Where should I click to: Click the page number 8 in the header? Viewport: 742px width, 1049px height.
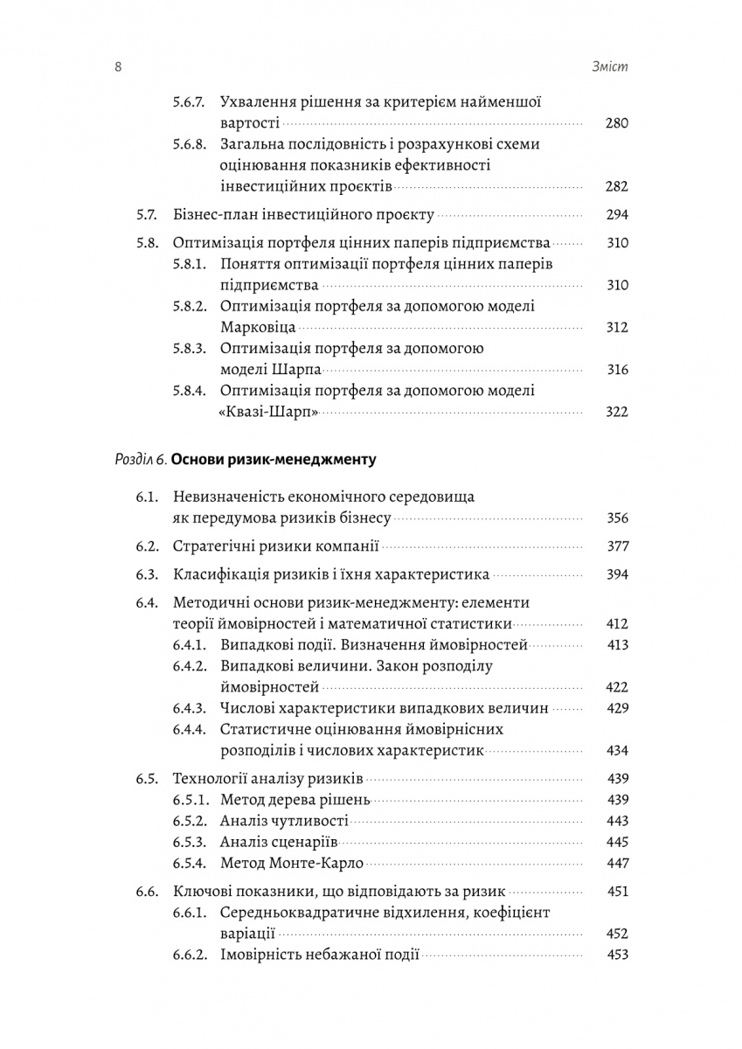(x=117, y=67)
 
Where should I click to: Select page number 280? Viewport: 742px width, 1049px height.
(x=616, y=123)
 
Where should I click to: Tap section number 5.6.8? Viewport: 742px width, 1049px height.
(x=189, y=144)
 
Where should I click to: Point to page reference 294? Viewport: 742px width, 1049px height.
(x=616, y=215)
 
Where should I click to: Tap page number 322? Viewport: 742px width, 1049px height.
(x=616, y=411)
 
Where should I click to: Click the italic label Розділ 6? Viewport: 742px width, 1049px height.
(x=141, y=459)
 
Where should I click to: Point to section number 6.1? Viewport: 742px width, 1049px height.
(x=147, y=497)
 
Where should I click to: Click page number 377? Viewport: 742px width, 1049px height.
(x=616, y=546)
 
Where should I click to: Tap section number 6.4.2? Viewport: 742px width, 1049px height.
(x=189, y=666)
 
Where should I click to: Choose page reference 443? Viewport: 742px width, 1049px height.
(x=616, y=821)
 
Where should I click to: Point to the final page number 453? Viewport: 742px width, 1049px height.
(x=616, y=955)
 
